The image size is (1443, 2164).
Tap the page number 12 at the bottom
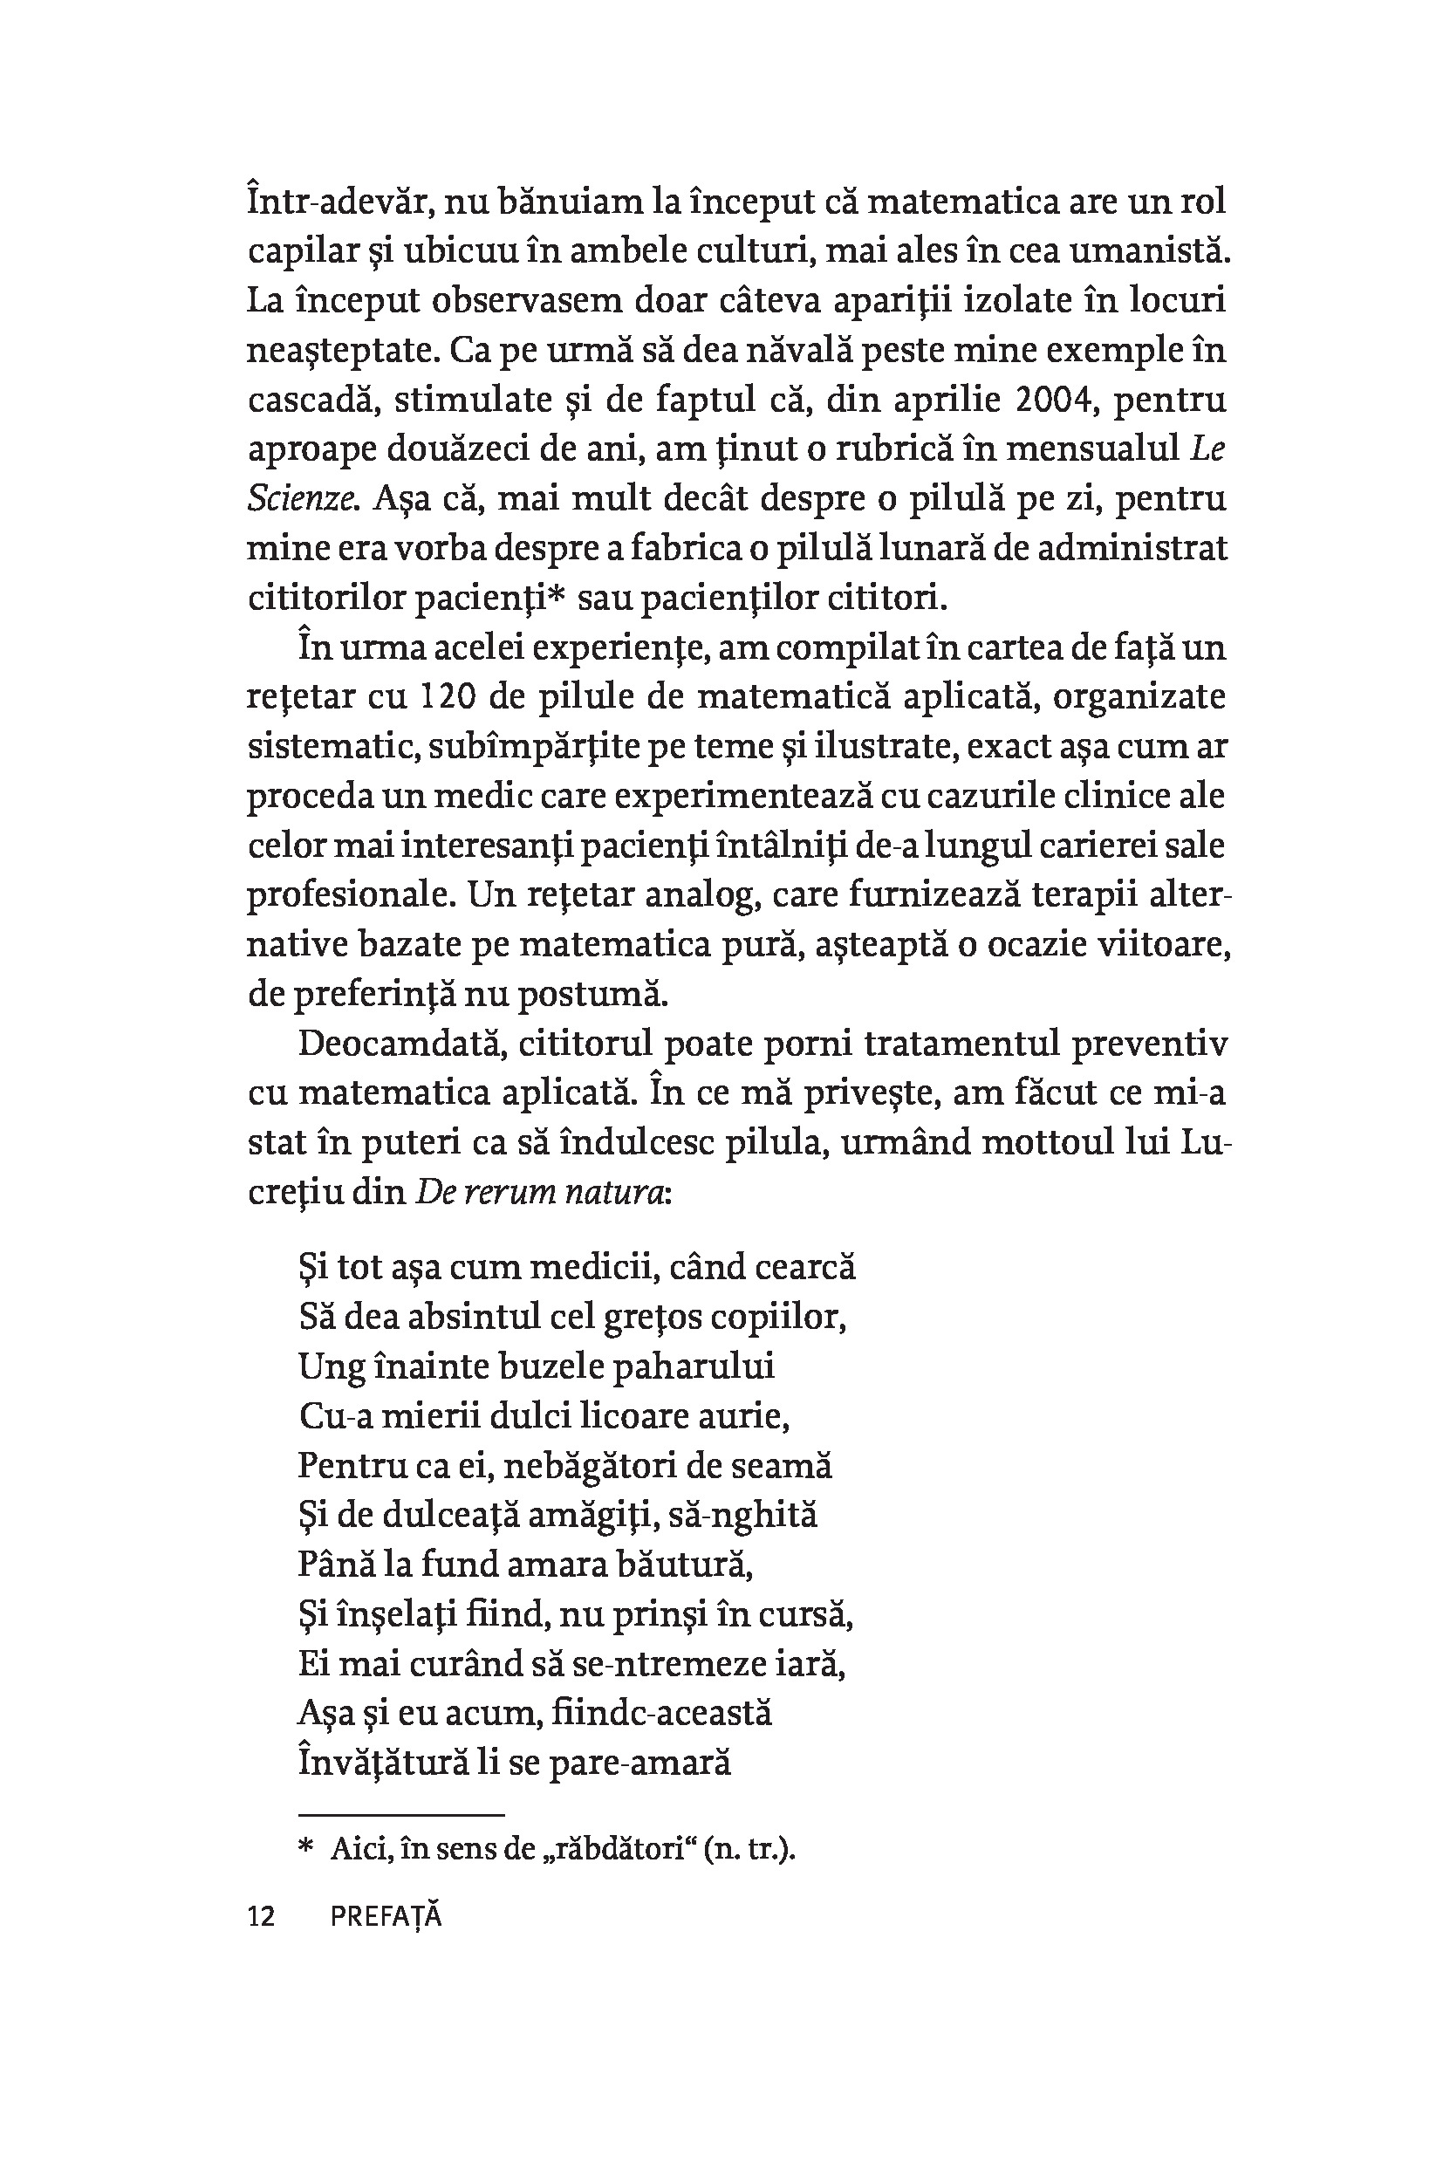click(262, 1917)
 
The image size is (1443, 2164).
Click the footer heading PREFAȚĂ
click(386, 1917)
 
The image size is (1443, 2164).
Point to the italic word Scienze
click(302, 500)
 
